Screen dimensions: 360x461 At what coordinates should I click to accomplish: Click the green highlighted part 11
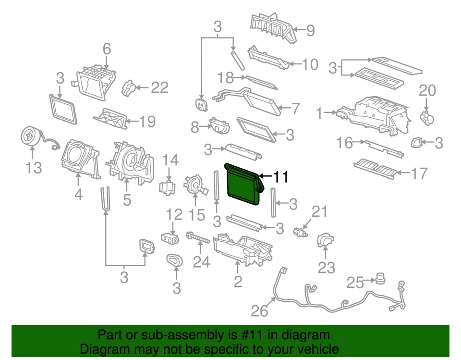pyautogui.click(x=242, y=185)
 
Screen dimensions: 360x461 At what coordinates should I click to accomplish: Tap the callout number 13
pyautogui.click(x=32, y=168)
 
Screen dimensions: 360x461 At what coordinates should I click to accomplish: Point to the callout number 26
pyautogui.click(x=259, y=311)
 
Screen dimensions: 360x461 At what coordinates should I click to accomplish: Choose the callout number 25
pyautogui.click(x=355, y=282)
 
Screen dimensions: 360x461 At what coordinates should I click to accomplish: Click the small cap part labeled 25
pyautogui.click(x=381, y=278)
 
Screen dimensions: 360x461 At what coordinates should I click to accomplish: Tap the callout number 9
pyautogui.click(x=310, y=31)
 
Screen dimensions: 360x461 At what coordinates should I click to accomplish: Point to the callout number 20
pyautogui.click(x=427, y=90)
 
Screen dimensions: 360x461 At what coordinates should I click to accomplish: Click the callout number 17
pyautogui.click(x=419, y=173)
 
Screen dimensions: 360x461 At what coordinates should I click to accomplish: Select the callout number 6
pyautogui.click(x=107, y=49)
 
